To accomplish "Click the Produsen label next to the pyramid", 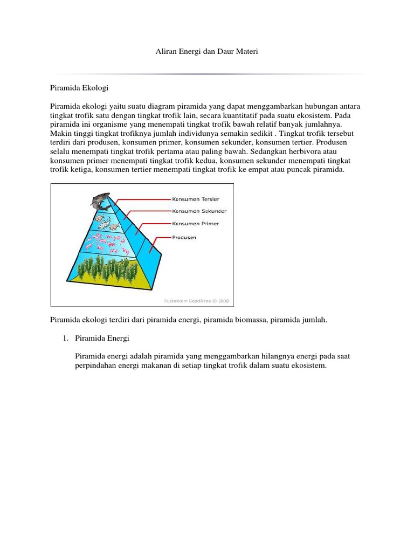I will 184,237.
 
